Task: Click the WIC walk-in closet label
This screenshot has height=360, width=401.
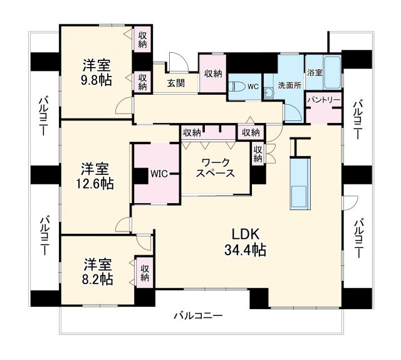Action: coord(157,174)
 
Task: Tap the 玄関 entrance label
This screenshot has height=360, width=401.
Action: coord(175,83)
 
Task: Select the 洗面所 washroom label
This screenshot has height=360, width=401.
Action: coord(289,85)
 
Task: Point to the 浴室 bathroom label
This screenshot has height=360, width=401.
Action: coord(315,73)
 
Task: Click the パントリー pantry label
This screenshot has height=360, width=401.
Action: coord(323,100)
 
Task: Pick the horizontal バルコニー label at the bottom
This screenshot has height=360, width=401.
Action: coord(198,315)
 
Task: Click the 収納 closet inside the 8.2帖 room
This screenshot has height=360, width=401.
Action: coord(145,273)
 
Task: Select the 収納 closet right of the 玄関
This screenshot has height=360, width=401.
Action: coord(213,74)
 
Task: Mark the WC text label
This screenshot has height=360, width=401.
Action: coord(253,85)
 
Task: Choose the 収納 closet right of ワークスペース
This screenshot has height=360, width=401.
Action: coord(258,154)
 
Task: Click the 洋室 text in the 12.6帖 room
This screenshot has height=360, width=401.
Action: coord(96,169)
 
